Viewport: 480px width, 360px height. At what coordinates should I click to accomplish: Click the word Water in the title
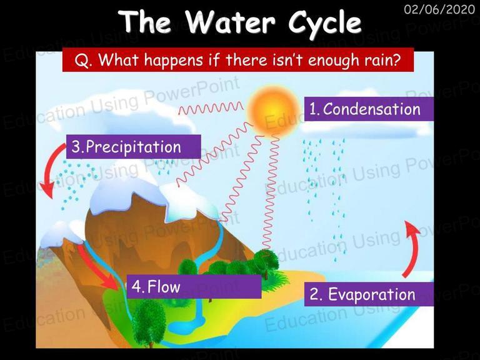tap(230, 22)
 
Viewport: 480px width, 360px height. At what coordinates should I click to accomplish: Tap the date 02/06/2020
tap(439, 9)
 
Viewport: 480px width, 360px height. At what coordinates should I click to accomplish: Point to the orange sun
tap(272, 110)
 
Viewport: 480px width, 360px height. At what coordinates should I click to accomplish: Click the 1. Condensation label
tap(369, 109)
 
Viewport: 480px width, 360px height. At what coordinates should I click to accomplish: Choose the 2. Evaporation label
tap(369, 294)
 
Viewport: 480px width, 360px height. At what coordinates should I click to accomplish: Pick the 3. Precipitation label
tap(134, 147)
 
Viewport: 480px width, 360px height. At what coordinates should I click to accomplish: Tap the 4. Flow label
tap(194, 286)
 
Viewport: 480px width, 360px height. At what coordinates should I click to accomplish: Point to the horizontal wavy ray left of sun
tap(211, 107)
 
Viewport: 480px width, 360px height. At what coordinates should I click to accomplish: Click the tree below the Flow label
tap(149, 322)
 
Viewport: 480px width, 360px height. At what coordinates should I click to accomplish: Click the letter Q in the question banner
tap(80, 60)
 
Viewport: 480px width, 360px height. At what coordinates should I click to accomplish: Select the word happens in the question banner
tap(174, 60)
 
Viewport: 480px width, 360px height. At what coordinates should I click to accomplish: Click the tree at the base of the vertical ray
tap(266, 262)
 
